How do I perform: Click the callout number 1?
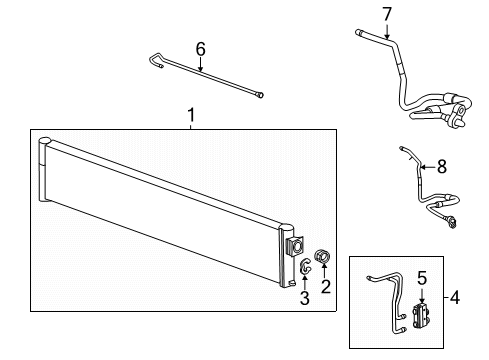pos(191,117)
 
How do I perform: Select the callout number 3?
pos(304,298)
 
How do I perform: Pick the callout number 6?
pos(200,48)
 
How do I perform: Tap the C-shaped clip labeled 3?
pos(304,266)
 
